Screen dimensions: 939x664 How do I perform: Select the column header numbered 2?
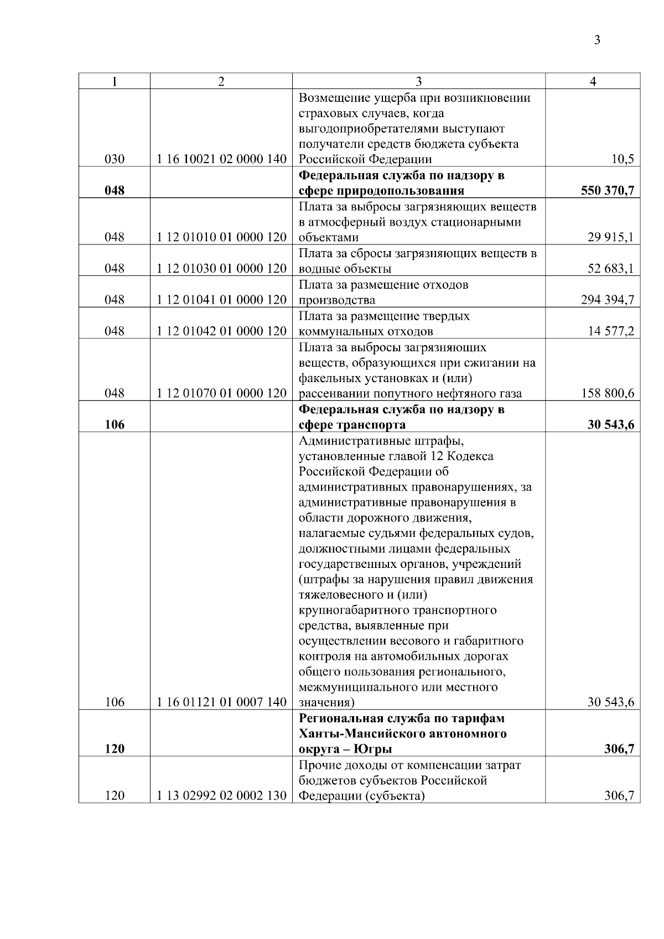(x=221, y=82)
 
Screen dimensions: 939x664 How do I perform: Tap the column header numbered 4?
(x=593, y=82)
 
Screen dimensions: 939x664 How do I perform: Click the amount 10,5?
(x=622, y=160)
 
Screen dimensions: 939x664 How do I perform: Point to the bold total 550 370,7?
(x=607, y=191)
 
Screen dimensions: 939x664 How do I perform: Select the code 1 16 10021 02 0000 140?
(x=221, y=160)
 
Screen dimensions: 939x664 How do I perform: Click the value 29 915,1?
(x=610, y=238)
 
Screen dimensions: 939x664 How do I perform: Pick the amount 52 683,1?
(x=610, y=269)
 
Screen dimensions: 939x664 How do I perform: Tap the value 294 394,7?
(x=607, y=300)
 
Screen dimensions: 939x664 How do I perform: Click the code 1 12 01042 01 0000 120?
(x=221, y=331)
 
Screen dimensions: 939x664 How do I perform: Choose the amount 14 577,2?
(x=610, y=331)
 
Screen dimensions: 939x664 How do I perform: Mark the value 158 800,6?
(x=607, y=394)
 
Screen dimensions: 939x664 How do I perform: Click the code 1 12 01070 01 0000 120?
(x=221, y=394)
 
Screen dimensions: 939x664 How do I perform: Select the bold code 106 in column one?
(x=115, y=425)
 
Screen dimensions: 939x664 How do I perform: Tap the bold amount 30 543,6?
(x=610, y=425)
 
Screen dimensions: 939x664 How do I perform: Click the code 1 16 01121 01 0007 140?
(x=221, y=702)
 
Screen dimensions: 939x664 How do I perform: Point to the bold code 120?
(x=115, y=749)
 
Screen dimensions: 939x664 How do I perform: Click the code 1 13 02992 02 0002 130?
(x=221, y=796)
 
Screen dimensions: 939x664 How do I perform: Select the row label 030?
(x=115, y=160)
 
